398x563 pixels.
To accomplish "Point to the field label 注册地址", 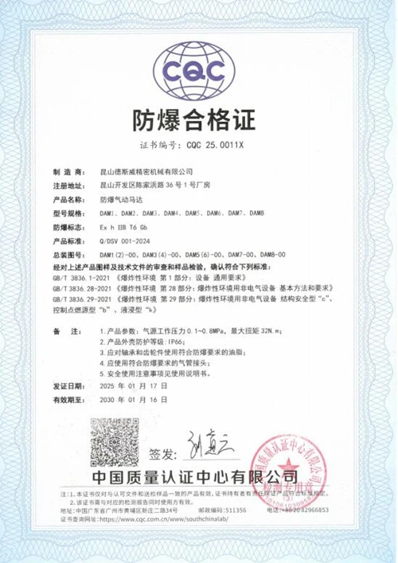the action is tap(68, 185).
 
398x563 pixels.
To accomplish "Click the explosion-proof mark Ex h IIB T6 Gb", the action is tap(126, 228).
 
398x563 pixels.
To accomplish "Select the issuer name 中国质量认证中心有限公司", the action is tap(199, 479).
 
